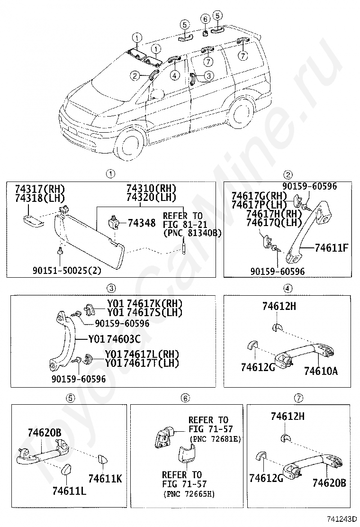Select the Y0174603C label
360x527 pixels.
[114, 339]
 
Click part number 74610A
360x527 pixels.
[321, 371]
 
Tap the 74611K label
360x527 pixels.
[104, 479]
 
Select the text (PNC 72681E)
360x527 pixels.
[215, 439]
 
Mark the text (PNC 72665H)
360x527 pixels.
[188, 494]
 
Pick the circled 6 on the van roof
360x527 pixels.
[205, 19]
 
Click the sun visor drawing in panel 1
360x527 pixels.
[90, 239]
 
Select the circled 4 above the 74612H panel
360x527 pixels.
[288, 288]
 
